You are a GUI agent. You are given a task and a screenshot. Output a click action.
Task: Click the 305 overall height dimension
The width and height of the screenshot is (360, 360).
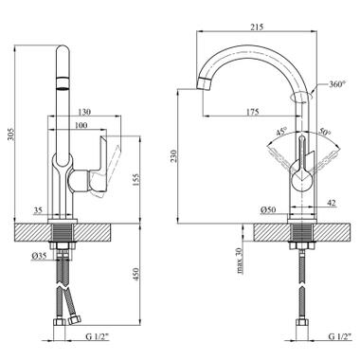tap(10, 135)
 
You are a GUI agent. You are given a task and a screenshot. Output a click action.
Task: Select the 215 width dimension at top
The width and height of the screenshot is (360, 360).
tap(257, 27)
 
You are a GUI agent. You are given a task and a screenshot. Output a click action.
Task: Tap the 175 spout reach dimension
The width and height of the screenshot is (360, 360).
tap(252, 112)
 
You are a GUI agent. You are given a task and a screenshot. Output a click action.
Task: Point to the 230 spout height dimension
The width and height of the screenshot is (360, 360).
tap(173, 156)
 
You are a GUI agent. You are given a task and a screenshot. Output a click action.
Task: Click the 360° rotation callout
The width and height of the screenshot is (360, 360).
tap(337, 84)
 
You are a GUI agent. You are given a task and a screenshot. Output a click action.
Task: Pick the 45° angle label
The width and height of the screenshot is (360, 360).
tap(281, 132)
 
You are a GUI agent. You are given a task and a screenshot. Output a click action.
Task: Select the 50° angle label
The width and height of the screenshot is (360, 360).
tap(324, 132)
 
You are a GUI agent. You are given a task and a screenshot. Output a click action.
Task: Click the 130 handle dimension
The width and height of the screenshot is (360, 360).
tap(84, 112)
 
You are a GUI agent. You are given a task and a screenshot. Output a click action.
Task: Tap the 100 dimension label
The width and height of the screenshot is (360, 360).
tap(81, 125)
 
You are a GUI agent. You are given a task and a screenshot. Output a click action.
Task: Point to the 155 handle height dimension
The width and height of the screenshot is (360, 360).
tap(135, 180)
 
